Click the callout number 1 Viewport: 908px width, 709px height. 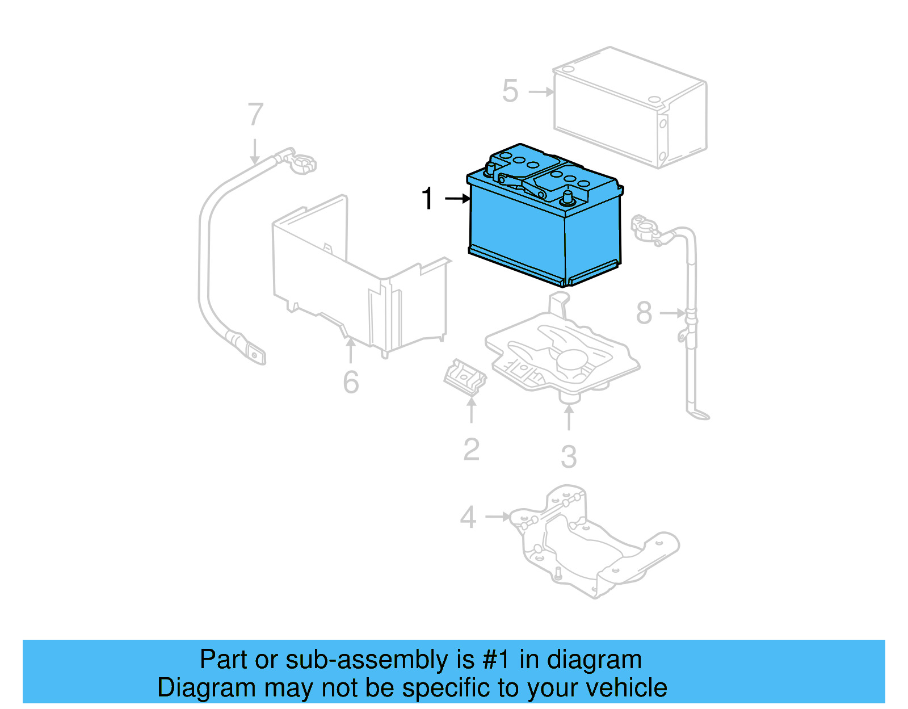tap(427, 199)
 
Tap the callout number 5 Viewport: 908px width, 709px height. tap(510, 91)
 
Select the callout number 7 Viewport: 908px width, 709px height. tap(255, 115)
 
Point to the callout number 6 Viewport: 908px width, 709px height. tap(351, 382)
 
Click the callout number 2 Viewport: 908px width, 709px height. tap(471, 450)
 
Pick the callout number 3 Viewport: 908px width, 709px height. tap(569, 457)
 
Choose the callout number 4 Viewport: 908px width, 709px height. tap(468, 517)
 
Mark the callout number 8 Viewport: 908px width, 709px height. tap(644, 313)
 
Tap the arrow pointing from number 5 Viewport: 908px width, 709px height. tap(541, 91)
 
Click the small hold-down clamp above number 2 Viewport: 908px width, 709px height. tap(464, 377)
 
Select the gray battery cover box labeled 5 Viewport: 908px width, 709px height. tap(630, 108)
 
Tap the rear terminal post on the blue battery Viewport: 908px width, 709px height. tap(489, 168)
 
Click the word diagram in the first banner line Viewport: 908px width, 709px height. tap(594, 660)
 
